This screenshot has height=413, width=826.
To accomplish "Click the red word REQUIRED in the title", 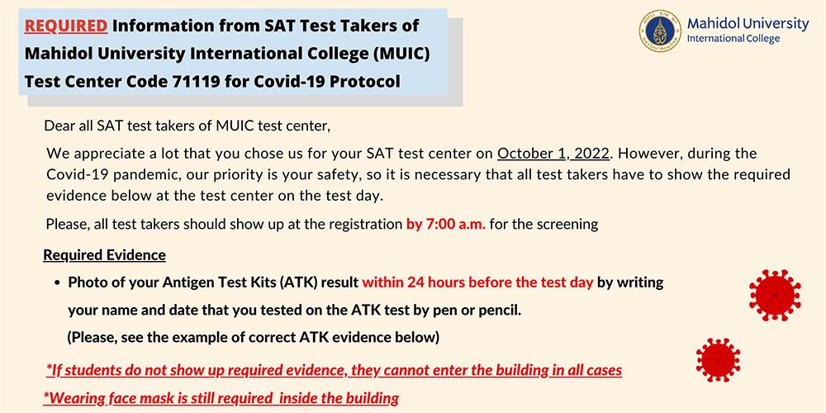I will coord(66,26).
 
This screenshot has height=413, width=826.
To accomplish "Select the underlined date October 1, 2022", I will coord(553,154).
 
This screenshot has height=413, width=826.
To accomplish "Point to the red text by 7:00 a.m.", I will coord(445,224).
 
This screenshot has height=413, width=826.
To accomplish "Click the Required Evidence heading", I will coord(104,254).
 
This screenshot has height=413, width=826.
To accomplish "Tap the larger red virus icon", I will coord(774,295).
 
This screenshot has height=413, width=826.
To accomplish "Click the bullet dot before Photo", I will coord(57,282).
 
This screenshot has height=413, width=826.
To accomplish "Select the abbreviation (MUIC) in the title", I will coord(394,54).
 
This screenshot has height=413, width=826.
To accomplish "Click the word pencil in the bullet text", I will coord(497,310).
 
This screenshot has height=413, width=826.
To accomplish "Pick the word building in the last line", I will coord(368,398).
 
